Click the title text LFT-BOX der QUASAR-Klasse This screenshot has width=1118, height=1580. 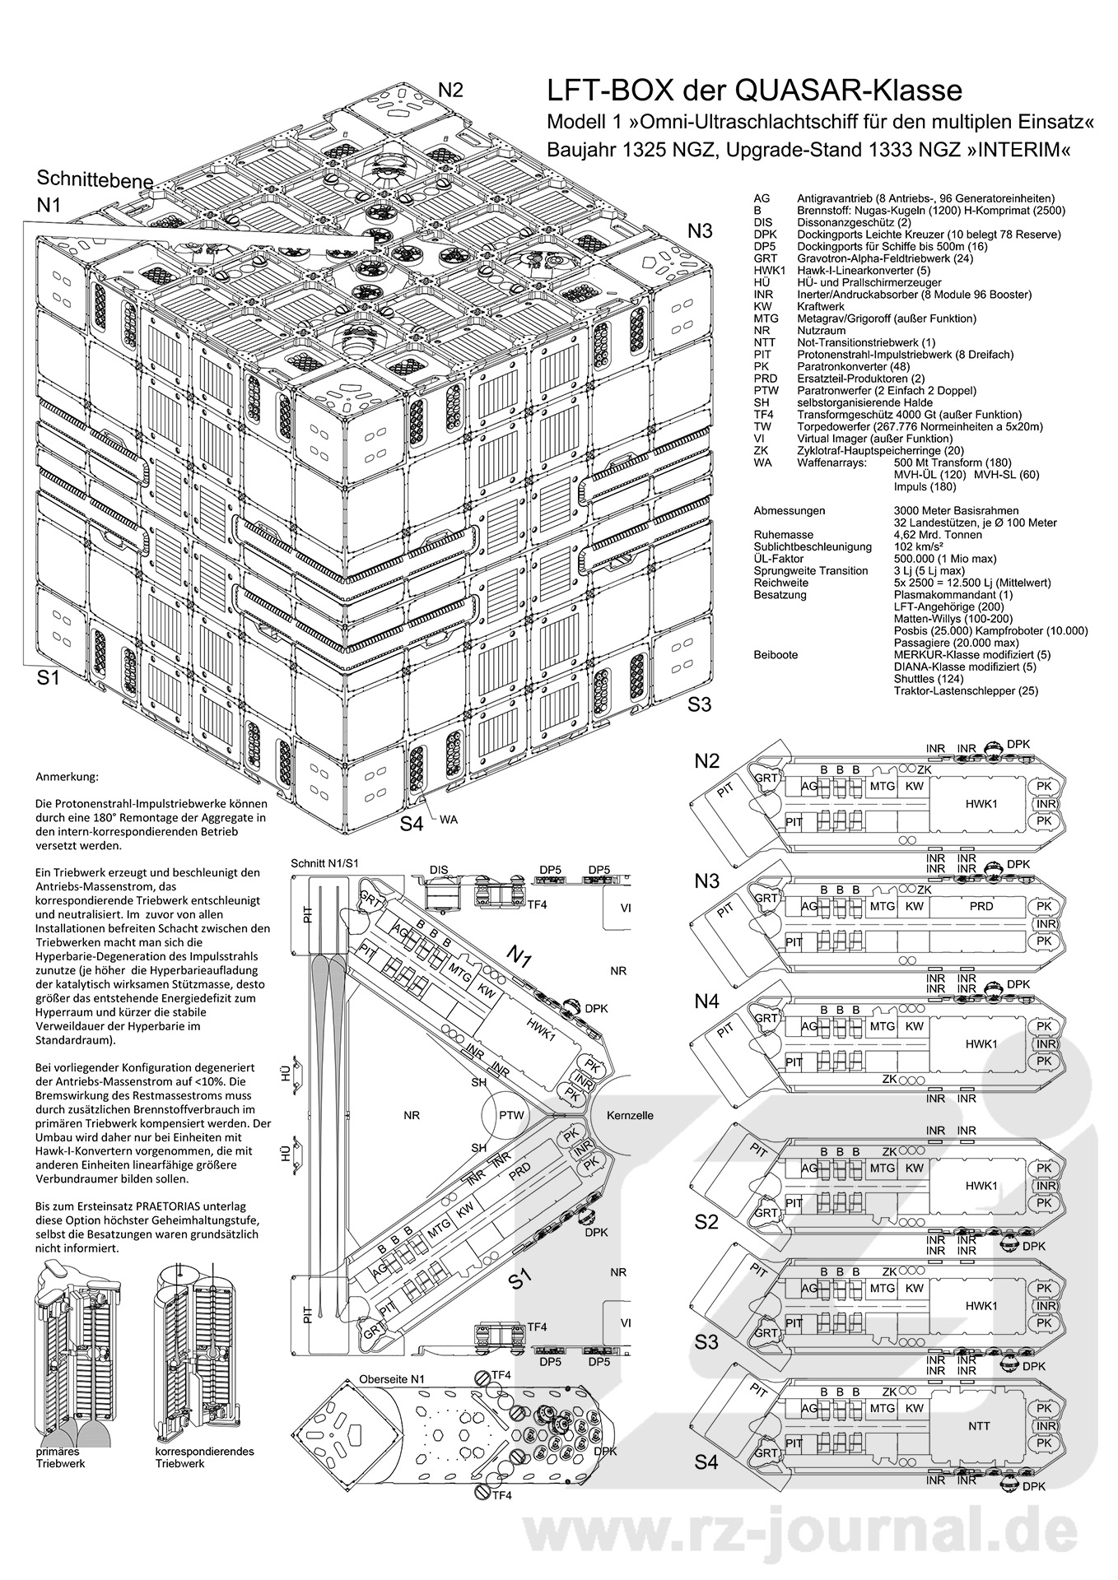pos(755,90)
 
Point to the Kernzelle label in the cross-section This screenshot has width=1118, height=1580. pos(630,1116)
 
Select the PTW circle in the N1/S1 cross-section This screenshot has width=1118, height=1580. pos(511,1116)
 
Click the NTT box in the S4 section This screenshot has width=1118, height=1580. pos(980,1426)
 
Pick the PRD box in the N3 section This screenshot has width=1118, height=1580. pos(981,906)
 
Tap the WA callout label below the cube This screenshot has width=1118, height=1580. pos(449,820)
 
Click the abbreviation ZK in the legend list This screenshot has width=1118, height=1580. pos(761,450)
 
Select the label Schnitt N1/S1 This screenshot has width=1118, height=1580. pos(324,863)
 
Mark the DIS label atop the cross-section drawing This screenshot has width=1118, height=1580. pos(439,870)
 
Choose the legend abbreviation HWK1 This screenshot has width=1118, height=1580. pos(768,270)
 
